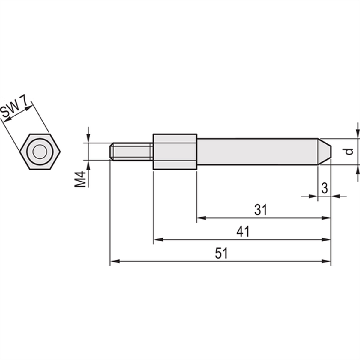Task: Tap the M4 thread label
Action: coord(80,179)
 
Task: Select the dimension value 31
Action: coord(260,210)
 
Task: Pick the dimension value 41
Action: coord(243,232)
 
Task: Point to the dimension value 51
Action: coord(221,253)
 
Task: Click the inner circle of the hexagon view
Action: coord(40,152)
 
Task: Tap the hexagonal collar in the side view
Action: coord(175,152)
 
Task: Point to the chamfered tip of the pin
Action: coord(325,152)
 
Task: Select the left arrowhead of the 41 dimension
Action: coord(158,239)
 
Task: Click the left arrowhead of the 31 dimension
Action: coord(201,218)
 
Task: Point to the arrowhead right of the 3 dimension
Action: coord(335,196)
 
